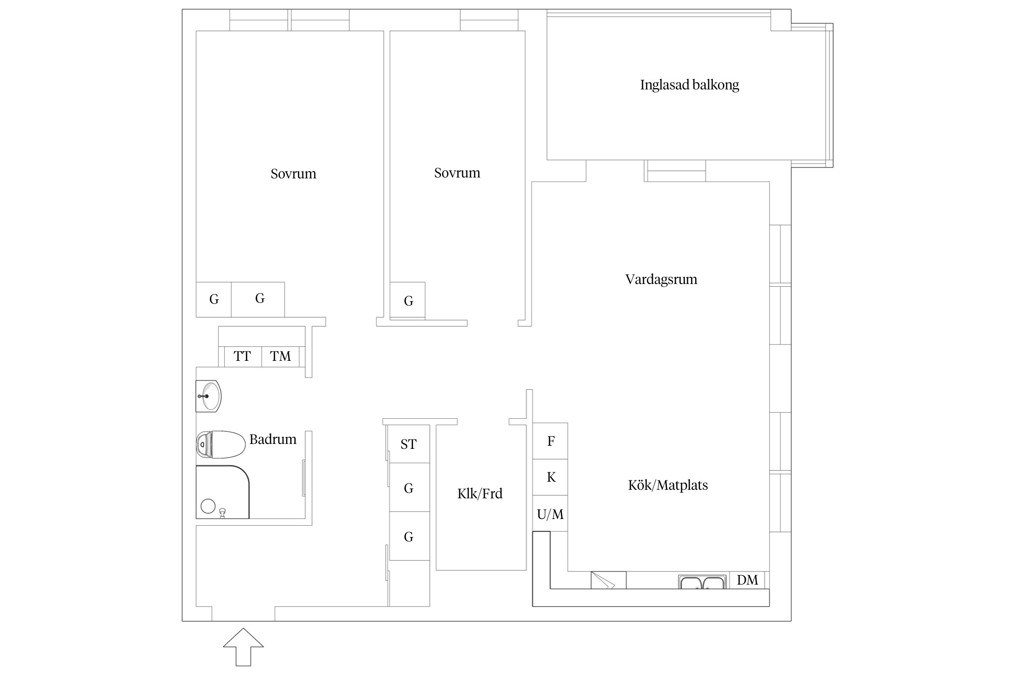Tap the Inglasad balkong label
(x=689, y=85)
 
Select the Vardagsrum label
(x=661, y=279)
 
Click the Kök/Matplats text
(x=668, y=485)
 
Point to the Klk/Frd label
(x=479, y=494)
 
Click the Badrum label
(x=273, y=439)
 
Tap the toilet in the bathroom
(x=220, y=444)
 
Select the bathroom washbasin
(x=208, y=396)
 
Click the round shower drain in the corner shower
(x=208, y=506)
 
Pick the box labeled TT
(x=242, y=356)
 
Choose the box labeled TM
(x=280, y=356)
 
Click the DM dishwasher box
(x=747, y=580)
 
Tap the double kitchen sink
(x=702, y=582)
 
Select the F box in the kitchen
(x=550, y=441)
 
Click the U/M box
(x=550, y=514)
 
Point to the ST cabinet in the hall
(x=408, y=444)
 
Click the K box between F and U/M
(x=550, y=477)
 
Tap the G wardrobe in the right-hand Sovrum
(x=408, y=301)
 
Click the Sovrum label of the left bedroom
(x=293, y=174)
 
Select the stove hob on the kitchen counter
(x=608, y=580)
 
